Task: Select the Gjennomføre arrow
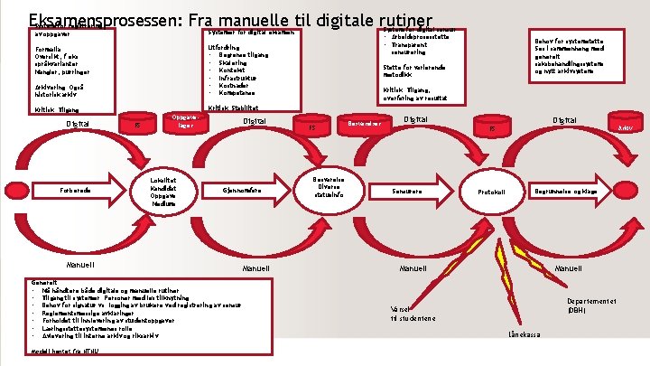pos(245,190)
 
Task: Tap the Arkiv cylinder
pos(624,127)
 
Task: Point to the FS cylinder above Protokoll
pos(492,127)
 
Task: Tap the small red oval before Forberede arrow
pos(7,191)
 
